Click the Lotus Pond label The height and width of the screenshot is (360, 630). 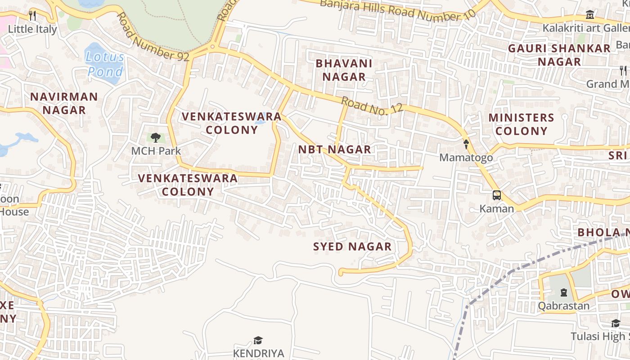105,64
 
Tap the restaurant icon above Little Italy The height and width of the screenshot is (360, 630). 32,15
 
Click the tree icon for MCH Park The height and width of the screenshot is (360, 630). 156,138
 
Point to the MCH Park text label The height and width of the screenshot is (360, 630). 156,151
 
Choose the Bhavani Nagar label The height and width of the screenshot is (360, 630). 344,70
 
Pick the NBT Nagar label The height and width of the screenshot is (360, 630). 335,149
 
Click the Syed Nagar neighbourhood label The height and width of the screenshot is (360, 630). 352,247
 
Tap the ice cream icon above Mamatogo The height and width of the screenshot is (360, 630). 466,144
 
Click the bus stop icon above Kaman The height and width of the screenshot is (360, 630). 496,195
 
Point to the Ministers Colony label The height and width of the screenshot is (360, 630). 521,124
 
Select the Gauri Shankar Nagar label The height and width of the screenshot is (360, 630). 559,55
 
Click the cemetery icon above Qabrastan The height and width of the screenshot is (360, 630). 563,293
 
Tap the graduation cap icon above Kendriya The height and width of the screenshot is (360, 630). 258,340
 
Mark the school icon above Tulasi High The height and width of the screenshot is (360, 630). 615,324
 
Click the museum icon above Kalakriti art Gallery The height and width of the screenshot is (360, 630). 590,15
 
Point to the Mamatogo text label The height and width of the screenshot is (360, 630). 466,157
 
